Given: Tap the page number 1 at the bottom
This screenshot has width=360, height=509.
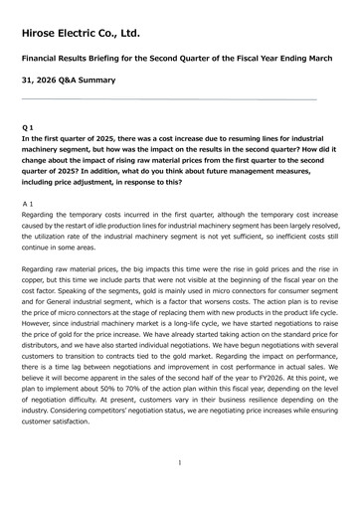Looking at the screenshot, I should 179,463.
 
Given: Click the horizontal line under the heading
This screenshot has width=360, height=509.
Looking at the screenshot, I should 169,99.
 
